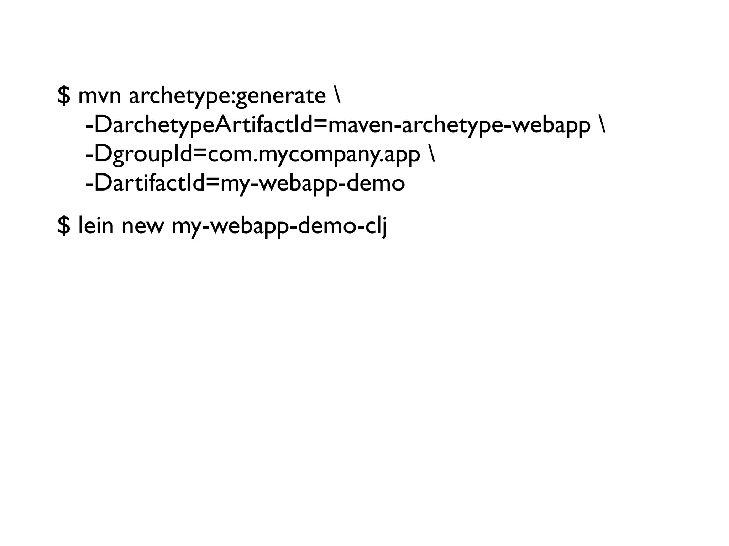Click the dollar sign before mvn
pos(63,96)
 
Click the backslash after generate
pos(337,96)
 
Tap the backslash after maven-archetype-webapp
pos(602,125)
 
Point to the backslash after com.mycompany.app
pos(432,154)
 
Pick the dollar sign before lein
pos(63,226)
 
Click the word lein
pos(95,225)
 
